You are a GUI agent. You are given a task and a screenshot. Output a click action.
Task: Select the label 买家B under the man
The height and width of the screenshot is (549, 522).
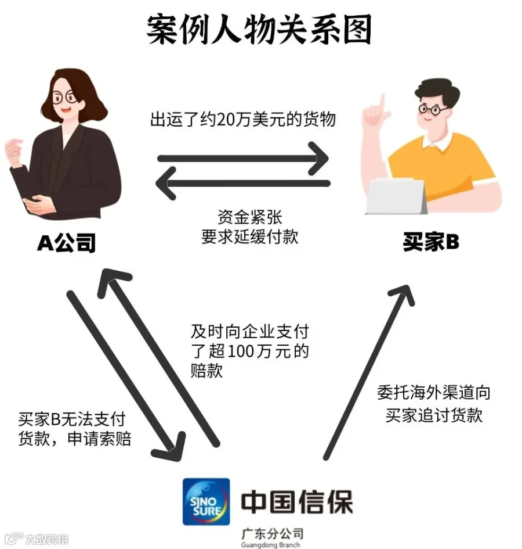point(430,242)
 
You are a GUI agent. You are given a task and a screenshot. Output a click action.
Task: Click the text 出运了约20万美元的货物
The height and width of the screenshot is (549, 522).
point(243,120)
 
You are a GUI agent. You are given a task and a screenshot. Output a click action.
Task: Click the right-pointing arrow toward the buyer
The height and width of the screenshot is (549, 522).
point(243,159)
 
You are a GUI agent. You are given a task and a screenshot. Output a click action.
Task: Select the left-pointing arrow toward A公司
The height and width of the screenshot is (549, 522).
point(243,184)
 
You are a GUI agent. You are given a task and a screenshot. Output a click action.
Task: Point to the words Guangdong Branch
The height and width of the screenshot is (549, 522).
point(271,545)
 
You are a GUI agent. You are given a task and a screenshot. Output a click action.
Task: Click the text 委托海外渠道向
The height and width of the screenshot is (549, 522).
point(434,393)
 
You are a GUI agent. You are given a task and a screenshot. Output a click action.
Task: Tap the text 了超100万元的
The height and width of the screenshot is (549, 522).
point(250,351)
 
